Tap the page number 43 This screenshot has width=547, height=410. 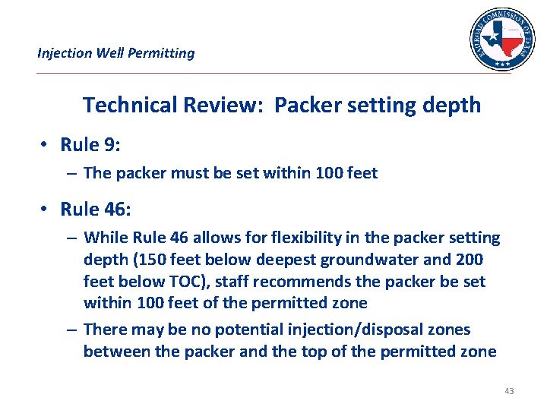(x=509, y=391)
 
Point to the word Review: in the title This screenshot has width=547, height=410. (x=222, y=105)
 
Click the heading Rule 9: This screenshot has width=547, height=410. (x=90, y=144)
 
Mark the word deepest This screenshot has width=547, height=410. (x=283, y=260)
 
